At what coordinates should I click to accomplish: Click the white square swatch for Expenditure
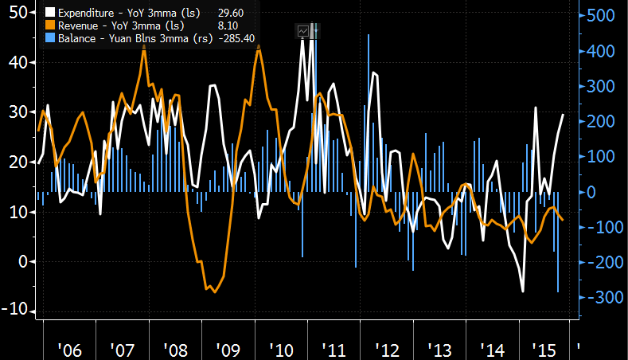tap(51, 13)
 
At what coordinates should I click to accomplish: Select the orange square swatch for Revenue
tap(51, 25)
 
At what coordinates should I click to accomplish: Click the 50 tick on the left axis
tap(17, 13)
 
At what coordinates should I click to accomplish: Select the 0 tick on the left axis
tap(24, 261)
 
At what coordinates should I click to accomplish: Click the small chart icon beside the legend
tap(303, 30)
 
